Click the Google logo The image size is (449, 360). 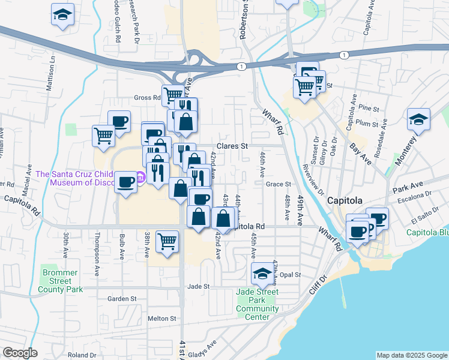(x=20, y=353)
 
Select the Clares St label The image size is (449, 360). (x=232, y=146)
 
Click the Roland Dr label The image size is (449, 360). (x=82, y=355)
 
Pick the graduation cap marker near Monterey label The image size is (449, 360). (x=418, y=120)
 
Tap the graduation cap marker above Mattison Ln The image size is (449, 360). (x=62, y=16)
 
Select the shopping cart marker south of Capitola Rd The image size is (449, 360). (x=167, y=241)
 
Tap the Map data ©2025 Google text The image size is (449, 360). (x=412, y=355)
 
